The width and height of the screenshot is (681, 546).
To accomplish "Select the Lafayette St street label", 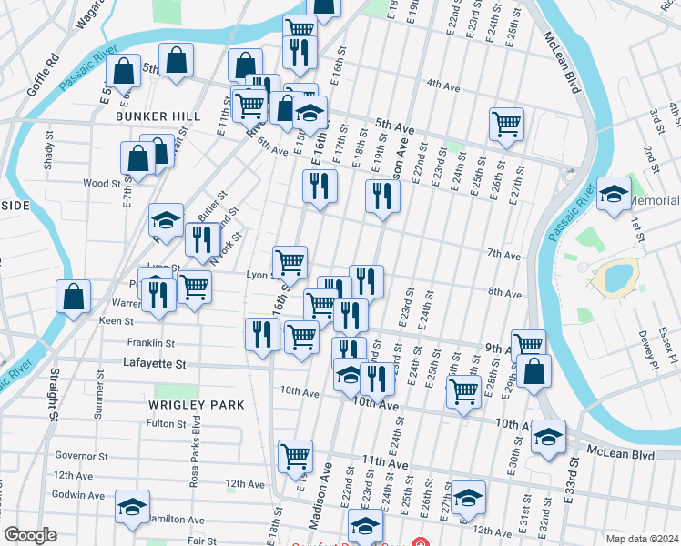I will click(x=155, y=363).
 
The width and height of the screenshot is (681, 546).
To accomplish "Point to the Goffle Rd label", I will click(x=43, y=75).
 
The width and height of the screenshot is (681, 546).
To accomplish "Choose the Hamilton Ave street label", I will click(x=178, y=520).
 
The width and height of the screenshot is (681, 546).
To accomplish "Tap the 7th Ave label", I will click(x=502, y=252).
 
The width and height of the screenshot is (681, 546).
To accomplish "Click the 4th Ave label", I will click(x=443, y=86).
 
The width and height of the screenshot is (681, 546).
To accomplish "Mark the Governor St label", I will click(x=81, y=456).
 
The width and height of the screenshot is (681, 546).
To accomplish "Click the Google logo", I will click(x=30, y=535).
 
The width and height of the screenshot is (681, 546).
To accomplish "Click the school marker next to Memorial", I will click(x=615, y=194).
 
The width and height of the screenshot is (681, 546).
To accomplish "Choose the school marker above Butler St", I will click(x=167, y=219).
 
